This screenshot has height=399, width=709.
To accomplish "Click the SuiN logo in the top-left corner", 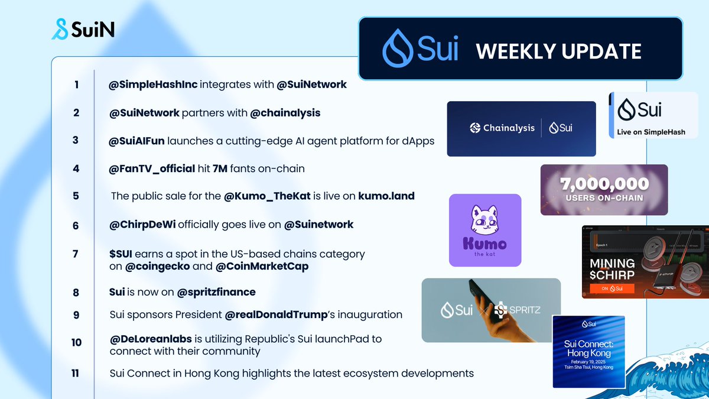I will [83, 28].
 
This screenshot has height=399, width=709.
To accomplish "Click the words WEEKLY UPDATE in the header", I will [558, 51].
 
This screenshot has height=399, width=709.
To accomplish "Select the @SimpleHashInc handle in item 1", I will [153, 85].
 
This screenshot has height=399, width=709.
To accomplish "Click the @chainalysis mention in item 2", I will [285, 112].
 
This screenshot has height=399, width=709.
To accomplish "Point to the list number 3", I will [76, 140].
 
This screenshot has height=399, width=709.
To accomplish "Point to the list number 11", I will [76, 373].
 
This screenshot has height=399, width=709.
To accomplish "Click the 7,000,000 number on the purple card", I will [604, 184].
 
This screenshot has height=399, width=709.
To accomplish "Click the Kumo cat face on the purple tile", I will [485, 219].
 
